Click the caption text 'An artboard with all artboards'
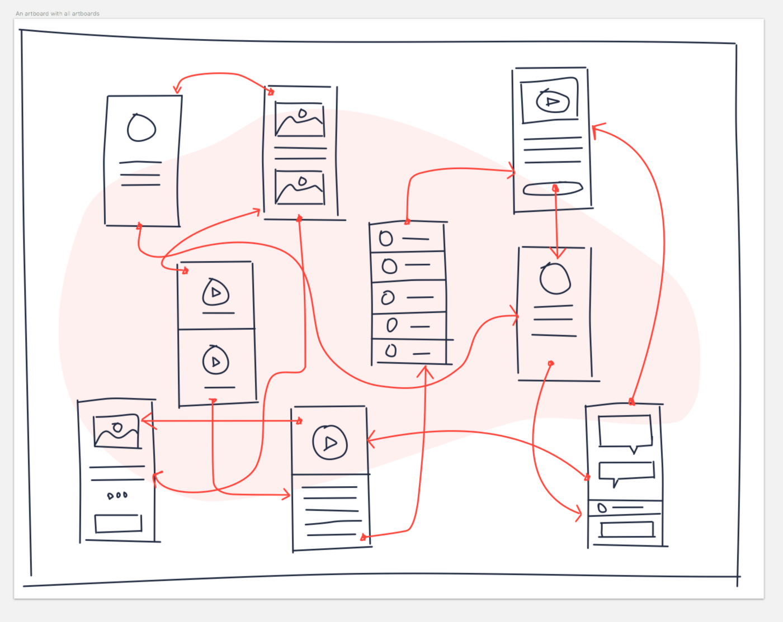click(58, 13)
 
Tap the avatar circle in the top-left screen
click(141, 128)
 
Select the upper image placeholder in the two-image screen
click(300, 119)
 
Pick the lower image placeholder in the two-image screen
click(300, 187)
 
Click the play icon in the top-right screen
click(552, 101)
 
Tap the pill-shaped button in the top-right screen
click(553, 189)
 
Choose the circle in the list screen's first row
click(386, 239)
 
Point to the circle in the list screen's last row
click(391, 350)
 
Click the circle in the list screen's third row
click(388, 298)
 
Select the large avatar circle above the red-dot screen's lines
click(555, 278)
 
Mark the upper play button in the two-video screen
click(216, 292)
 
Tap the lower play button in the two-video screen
click(216, 361)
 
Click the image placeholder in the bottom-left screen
click(117, 431)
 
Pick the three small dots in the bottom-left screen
click(117, 495)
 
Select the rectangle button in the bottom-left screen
click(118, 523)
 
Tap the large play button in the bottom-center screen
click(330, 443)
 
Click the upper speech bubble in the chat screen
click(625, 431)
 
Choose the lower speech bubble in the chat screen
click(626, 471)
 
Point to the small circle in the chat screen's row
click(602, 508)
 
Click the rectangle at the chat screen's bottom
click(626, 529)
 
